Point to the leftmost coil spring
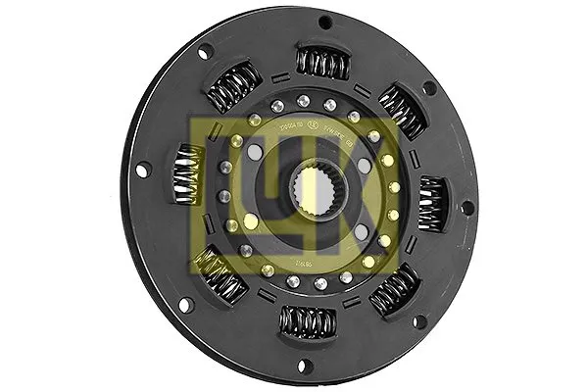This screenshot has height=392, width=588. (186, 174)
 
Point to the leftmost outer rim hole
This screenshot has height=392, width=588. (142, 171)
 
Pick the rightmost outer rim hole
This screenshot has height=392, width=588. (467, 207)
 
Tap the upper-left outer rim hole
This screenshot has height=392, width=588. (205, 52)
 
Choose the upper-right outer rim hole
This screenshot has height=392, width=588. (429, 87)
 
